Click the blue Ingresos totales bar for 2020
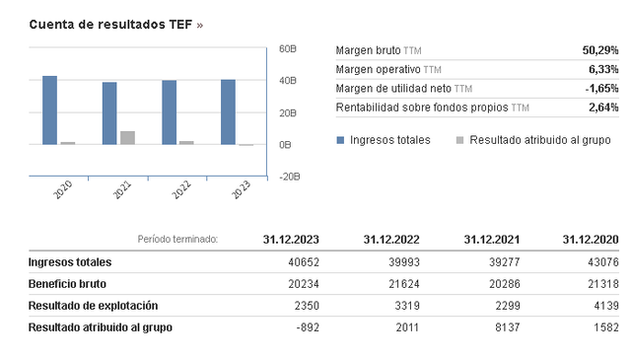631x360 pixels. tap(50, 109)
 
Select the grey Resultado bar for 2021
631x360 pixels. tap(127, 138)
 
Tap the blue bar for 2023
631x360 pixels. tap(228, 112)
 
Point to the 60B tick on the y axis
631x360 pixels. tap(288, 48)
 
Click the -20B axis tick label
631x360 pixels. tap(289, 177)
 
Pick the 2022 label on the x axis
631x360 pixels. tap(181, 189)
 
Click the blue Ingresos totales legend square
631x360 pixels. tap(340, 140)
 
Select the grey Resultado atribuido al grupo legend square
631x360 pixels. tap(460, 140)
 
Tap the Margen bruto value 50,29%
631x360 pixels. tap(600, 50)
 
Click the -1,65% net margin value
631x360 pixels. tap(602, 88)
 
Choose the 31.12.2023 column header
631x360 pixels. tap(291, 240)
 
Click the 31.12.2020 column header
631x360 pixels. tap(591, 240)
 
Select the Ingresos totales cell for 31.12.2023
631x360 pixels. tap(304, 262)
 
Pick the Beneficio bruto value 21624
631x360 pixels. tap(404, 284)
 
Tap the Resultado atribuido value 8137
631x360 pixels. tap(508, 327)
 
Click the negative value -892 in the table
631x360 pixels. tap(308, 327)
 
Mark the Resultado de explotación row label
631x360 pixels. tap(93, 306)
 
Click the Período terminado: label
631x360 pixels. tap(177, 240)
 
